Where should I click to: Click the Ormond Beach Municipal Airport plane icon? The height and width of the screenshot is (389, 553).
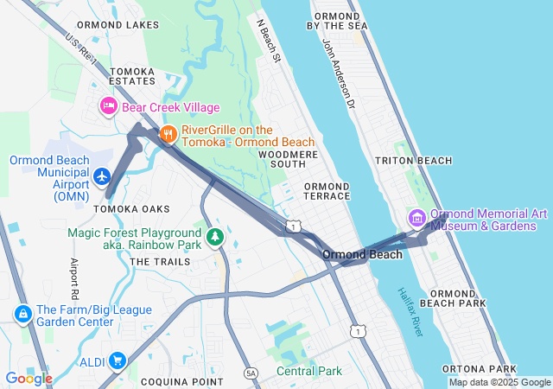click(102, 176)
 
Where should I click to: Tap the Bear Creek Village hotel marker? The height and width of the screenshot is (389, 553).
click(109, 106)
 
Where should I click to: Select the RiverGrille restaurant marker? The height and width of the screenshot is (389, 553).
click(168, 134)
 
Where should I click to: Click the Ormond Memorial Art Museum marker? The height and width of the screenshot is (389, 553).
click(417, 218)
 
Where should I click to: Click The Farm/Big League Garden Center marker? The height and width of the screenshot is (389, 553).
click(23, 312)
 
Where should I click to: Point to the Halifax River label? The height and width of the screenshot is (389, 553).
click(411, 312)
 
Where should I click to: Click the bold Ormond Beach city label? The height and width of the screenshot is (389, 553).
click(362, 255)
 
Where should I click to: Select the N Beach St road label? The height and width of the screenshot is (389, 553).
click(269, 41)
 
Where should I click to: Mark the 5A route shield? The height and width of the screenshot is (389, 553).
click(251, 373)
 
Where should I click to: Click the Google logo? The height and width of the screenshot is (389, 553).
click(29, 379)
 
